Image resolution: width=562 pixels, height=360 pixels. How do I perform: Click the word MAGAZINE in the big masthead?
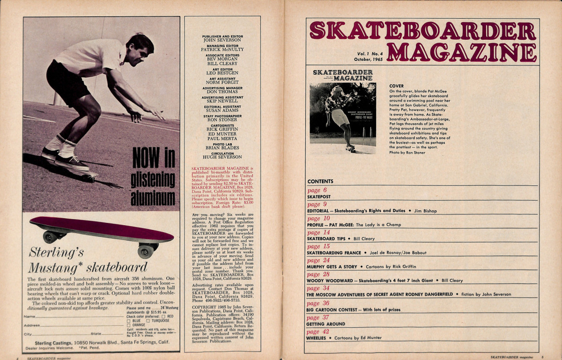(461, 52)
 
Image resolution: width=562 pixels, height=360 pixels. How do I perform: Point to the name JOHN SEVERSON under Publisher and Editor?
(222, 40)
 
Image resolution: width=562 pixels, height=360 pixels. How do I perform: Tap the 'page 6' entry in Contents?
(317, 191)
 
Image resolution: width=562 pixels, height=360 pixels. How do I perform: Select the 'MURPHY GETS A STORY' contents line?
(332, 267)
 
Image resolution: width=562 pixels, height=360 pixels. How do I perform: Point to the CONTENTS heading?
(320, 182)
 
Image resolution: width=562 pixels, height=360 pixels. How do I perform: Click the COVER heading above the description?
(396, 86)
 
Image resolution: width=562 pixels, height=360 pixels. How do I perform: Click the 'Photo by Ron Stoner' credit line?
(407, 153)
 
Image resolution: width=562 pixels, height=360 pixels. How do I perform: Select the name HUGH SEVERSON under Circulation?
(222, 157)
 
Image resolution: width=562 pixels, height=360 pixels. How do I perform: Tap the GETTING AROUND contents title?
(325, 324)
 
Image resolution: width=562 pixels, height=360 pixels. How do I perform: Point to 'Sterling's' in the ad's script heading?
(56, 253)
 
